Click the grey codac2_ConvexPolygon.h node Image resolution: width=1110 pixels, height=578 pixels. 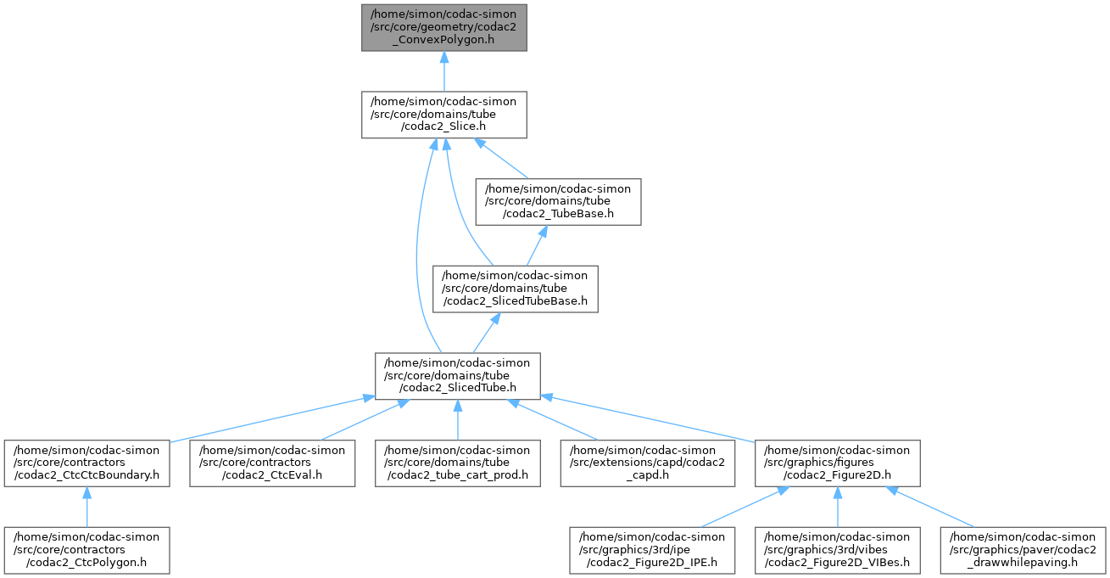tap(443, 27)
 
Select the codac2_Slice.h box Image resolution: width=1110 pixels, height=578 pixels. tap(443, 115)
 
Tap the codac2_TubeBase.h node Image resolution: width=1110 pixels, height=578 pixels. tap(557, 201)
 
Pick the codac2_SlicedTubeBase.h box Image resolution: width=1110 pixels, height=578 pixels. tap(516, 288)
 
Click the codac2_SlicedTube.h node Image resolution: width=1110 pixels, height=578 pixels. tap(458, 375)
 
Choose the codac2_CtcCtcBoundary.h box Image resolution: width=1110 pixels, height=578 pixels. tap(86, 463)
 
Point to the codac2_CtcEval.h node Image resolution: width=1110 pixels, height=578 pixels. tap(271, 463)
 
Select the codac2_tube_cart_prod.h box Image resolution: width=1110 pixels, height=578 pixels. tap(458, 463)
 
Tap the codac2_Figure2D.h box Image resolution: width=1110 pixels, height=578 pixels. tap(837, 463)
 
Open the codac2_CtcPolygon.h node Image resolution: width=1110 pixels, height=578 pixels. tap(86, 549)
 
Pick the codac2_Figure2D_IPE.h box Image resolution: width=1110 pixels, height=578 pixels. tap(650, 549)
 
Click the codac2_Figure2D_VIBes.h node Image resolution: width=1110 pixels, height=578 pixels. tap(837, 549)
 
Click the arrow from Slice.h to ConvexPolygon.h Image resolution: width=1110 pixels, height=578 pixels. tap(443, 71)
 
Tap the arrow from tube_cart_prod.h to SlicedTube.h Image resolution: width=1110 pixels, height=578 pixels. tap(458, 419)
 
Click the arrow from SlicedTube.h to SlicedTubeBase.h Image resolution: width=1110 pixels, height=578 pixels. tap(486, 332)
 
